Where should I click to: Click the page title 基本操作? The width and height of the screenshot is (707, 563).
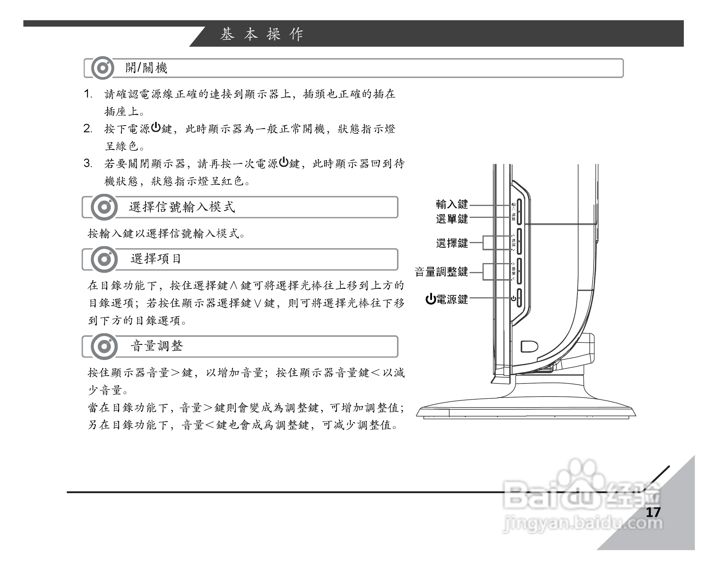click(262, 34)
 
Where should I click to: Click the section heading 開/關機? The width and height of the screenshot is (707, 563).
click(146, 68)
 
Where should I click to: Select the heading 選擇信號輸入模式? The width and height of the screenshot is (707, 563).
click(182, 207)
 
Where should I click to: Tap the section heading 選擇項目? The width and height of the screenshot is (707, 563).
click(156, 259)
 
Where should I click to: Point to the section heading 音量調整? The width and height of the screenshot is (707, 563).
click(157, 346)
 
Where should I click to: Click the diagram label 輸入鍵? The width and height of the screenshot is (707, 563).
click(452, 204)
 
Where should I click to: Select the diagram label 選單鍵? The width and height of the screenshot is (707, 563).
click(452, 219)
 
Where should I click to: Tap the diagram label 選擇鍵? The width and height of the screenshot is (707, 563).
click(452, 243)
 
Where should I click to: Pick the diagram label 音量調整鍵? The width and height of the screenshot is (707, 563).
click(441, 272)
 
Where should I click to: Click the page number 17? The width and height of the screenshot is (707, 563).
click(653, 512)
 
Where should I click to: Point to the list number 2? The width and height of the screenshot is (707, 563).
click(88, 128)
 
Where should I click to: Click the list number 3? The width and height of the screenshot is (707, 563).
click(88, 163)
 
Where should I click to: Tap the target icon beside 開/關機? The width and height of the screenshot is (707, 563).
click(103, 68)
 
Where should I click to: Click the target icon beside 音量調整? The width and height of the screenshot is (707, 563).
click(104, 346)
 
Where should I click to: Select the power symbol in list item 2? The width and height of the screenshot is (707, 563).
click(156, 127)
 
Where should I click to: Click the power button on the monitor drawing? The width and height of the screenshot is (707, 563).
click(519, 298)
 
